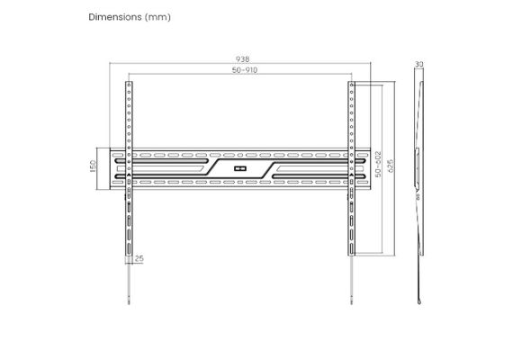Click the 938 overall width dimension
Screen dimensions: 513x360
pos(242,58)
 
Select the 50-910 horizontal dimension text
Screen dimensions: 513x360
pos(245,70)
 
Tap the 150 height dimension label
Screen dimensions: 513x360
pos(93,166)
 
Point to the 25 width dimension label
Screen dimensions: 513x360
pos(139,258)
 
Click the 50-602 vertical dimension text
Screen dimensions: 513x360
pos(378,164)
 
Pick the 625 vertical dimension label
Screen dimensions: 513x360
pos(390,166)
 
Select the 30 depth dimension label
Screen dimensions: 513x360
pos(418,64)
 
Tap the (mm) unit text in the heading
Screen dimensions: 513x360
pos(157,17)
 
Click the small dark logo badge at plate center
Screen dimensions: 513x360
pos(239,169)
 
